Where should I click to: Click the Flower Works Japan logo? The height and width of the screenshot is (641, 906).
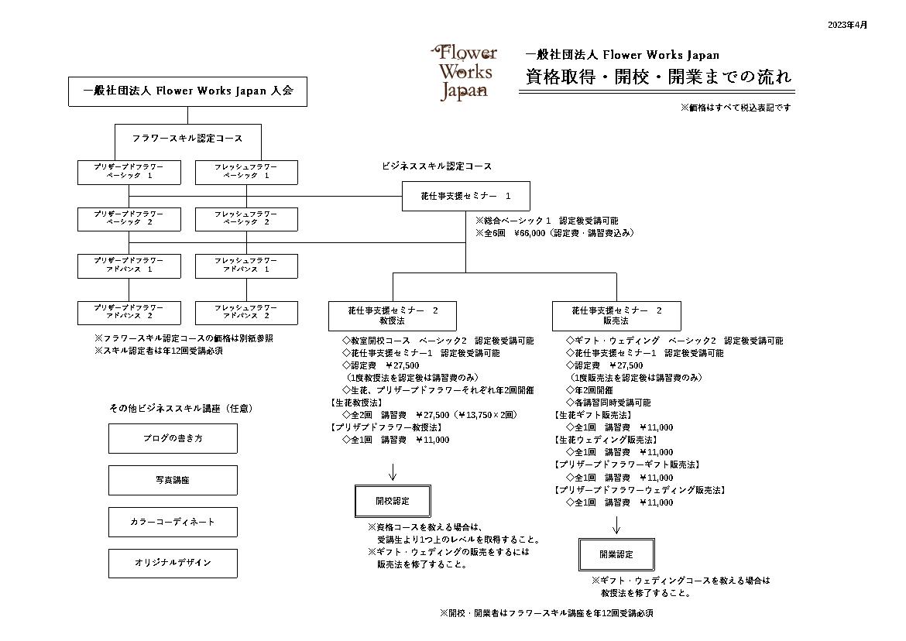coord(464,73)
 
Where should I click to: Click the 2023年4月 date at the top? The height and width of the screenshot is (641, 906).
coord(847,25)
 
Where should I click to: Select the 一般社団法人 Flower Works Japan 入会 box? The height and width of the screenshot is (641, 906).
coord(188,91)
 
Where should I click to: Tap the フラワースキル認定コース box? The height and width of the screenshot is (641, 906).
coord(188,139)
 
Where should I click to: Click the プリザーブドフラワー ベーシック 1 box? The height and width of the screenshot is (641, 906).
coord(129,172)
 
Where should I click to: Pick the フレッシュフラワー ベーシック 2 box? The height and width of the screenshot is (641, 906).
coord(247,219)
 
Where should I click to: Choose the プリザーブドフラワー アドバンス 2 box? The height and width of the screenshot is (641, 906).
coord(129,313)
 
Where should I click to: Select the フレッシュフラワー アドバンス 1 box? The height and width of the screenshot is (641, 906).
coord(247,266)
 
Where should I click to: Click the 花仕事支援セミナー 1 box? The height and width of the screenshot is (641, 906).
coord(465,197)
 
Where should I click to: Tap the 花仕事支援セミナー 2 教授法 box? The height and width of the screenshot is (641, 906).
coord(393,316)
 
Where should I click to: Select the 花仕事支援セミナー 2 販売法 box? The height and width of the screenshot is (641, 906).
coord(616,316)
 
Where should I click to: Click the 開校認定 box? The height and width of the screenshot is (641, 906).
coord(393,501)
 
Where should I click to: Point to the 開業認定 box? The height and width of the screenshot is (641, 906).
coord(616,554)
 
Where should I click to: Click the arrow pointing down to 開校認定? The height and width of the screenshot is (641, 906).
coord(393,471)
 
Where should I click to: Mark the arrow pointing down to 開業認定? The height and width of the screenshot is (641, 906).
coord(616,525)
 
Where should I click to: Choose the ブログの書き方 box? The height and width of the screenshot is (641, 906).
coord(173,439)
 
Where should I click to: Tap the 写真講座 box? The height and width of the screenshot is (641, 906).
coord(173,481)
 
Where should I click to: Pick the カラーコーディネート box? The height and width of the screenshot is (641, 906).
coord(173,522)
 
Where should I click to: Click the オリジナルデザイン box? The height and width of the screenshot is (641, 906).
coord(173,563)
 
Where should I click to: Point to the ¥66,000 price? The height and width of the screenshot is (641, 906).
coord(529,233)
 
